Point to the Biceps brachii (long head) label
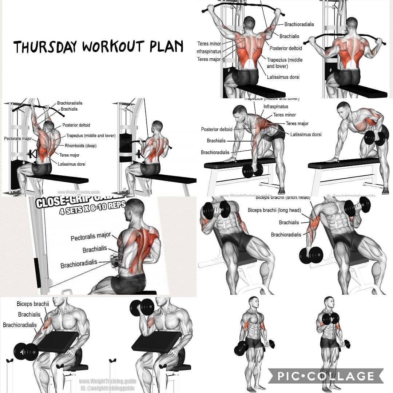tap(274, 210)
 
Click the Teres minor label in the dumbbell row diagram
tap(285, 115)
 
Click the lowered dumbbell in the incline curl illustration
tap(311, 255)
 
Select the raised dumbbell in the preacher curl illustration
tap(142, 307)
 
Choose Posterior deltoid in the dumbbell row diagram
tap(217, 129)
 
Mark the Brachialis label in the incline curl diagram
tap(289, 222)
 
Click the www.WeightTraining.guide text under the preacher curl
tap(108, 381)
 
